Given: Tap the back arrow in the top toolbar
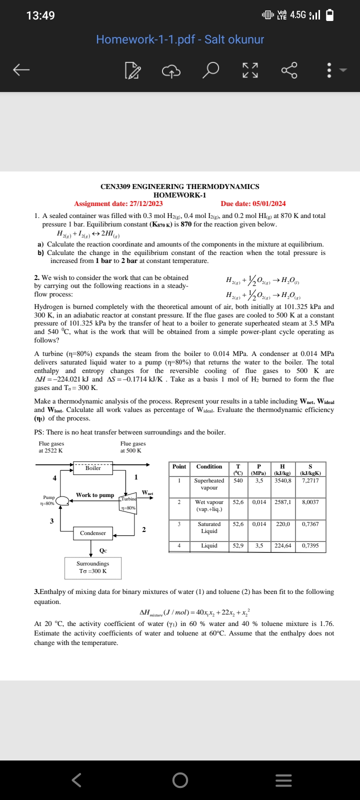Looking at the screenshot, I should (21, 70).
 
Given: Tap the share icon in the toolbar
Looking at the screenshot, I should (290, 70).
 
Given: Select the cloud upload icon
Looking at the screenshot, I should (171, 71).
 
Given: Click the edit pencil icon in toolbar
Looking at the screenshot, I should (131, 71).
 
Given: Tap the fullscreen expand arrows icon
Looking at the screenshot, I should (250, 70).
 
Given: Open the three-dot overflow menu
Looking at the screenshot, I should (329, 70).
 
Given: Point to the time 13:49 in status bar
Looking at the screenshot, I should (40, 15).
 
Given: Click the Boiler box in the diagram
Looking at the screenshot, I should (93, 468).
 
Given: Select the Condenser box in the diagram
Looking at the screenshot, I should (93, 533).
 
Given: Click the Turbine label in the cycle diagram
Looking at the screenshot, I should (128, 499).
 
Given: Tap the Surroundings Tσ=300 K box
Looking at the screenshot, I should (93, 567).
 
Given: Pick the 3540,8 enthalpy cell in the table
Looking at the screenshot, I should (282, 480).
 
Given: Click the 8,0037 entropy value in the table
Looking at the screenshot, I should (310, 501).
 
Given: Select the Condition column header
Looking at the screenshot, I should (209, 466).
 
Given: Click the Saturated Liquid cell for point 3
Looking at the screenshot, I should (209, 527).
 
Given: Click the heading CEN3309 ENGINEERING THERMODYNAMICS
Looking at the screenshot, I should (180, 186).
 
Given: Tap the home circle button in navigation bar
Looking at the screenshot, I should (180, 780).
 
